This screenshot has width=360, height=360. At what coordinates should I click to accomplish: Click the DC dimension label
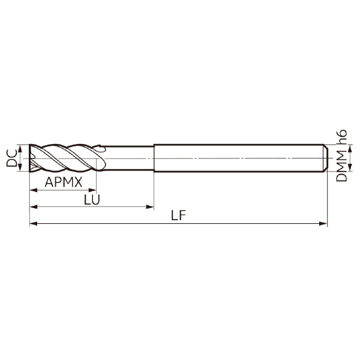pyautogui.click(x=11, y=158)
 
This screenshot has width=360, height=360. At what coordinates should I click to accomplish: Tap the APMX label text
pyautogui.click(x=64, y=182)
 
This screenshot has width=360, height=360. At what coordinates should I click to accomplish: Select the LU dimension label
pyautogui.click(x=92, y=200)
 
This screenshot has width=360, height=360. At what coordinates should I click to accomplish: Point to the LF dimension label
pyautogui.click(x=178, y=215)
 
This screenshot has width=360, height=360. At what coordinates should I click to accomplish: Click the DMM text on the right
pyautogui.click(x=341, y=166)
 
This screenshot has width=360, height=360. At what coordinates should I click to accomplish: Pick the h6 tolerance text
pyautogui.click(x=341, y=137)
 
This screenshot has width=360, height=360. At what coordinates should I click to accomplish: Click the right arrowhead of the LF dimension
pyautogui.click(x=323, y=223)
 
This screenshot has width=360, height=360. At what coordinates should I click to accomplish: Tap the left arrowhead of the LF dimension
pyautogui.click(x=34, y=223)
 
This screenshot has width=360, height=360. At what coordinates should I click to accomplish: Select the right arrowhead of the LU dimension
pyautogui.click(x=150, y=207)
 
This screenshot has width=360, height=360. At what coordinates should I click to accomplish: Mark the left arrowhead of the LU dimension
pyautogui.click(x=34, y=207)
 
